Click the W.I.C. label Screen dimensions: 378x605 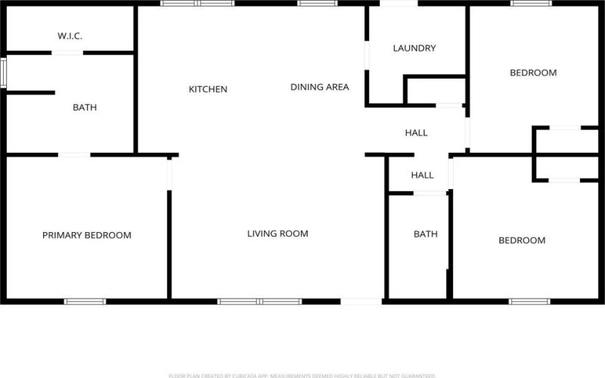tap(70, 36)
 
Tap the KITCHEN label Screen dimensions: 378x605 tap(208, 89)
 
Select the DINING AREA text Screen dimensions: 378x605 tap(320, 87)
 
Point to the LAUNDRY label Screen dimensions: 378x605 tap(414, 48)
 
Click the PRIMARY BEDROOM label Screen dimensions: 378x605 tap(86, 235)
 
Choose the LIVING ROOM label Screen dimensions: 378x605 tap(278, 234)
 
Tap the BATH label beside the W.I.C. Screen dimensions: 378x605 tap(85, 107)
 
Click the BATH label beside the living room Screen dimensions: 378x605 tap(425, 234)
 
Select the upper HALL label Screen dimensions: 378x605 tap(416, 132)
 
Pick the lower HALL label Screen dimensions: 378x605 tap(422, 175)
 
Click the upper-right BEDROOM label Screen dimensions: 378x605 tap(533, 73)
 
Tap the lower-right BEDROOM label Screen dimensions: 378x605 tap(522, 240)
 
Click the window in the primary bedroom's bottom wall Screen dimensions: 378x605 tap(85, 302)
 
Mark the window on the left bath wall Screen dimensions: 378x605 tap(3, 73)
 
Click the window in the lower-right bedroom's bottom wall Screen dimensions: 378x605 tap(529, 302)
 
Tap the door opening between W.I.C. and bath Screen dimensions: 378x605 tap(67, 53)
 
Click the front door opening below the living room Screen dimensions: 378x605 tap(361, 302)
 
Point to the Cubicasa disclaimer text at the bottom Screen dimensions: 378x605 tap(302, 375)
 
